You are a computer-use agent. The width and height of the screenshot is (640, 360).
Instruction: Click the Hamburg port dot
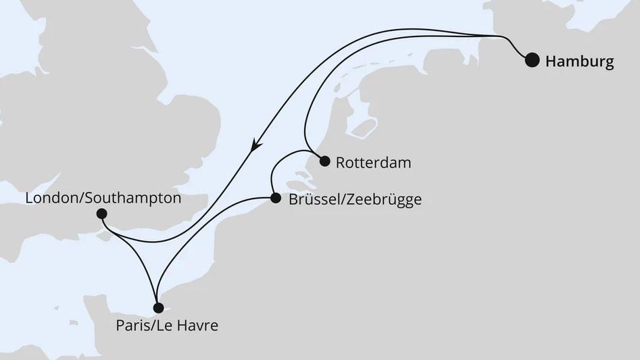pos(533,60)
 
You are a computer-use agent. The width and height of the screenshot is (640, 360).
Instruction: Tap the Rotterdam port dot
pos(324,161)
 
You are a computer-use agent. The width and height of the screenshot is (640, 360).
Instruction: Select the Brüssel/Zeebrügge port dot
pos(275,199)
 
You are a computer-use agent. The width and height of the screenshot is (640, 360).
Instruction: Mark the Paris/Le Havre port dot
pos(158,308)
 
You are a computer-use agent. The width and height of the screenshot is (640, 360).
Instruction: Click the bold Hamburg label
pos(579,61)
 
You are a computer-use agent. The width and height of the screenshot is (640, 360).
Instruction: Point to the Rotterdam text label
pos(373,163)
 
